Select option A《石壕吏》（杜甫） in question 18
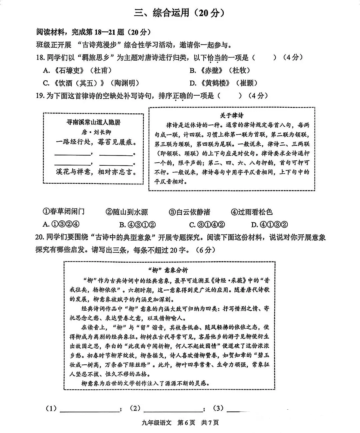click(77, 70)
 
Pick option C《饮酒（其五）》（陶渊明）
click(91, 83)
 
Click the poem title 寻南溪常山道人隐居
click(93, 122)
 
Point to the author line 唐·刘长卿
click(93, 132)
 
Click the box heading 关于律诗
click(231, 115)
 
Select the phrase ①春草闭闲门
click(63, 212)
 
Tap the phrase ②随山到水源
click(127, 212)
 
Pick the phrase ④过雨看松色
click(252, 212)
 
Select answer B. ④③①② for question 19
click(137, 224)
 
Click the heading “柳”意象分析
click(169, 270)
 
